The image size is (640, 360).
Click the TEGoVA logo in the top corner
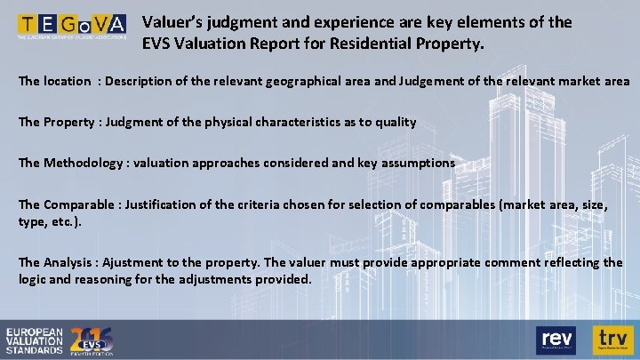coord(70,27)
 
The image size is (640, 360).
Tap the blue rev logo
coord(556,339)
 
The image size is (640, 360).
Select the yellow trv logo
coord(612,339)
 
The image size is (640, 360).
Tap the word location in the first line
coord(67,81)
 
